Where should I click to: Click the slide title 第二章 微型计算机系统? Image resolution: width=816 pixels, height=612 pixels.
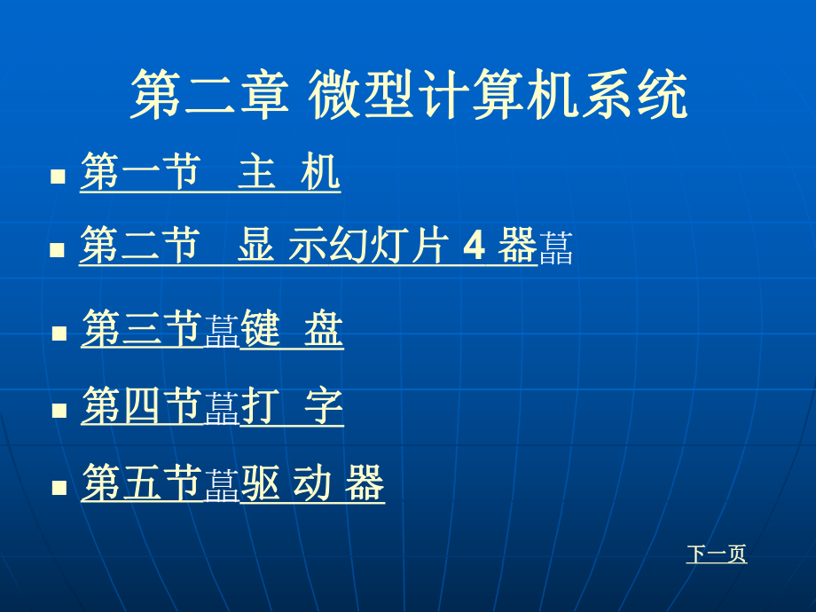click(409, 96)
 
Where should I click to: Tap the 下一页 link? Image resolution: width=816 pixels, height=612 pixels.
click(717, 554)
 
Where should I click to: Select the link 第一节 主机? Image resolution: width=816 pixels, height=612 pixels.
click(210, 172)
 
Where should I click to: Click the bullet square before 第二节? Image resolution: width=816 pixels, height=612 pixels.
click(59, 250)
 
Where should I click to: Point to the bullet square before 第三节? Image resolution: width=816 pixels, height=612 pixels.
click(59, 333)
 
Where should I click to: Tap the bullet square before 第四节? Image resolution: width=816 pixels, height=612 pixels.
click(59, 411)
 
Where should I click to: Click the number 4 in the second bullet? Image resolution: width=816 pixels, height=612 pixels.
click(475, 247)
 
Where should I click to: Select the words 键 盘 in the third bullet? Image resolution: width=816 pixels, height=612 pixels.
click(292, 330)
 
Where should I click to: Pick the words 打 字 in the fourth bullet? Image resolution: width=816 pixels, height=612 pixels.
click(292, 407)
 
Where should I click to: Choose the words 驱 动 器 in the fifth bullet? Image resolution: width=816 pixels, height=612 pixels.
click(313, 484)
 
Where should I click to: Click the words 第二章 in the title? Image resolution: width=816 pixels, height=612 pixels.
click(210, 96)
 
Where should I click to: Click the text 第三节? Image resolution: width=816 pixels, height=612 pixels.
click(142, 330)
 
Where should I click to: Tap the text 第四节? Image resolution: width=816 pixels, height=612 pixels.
click(142, 407)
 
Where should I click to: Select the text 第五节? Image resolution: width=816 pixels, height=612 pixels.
click(142, 484)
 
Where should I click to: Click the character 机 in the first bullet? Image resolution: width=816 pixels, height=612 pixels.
click(320, 172)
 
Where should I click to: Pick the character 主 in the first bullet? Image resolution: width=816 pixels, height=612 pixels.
click(257, 172)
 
